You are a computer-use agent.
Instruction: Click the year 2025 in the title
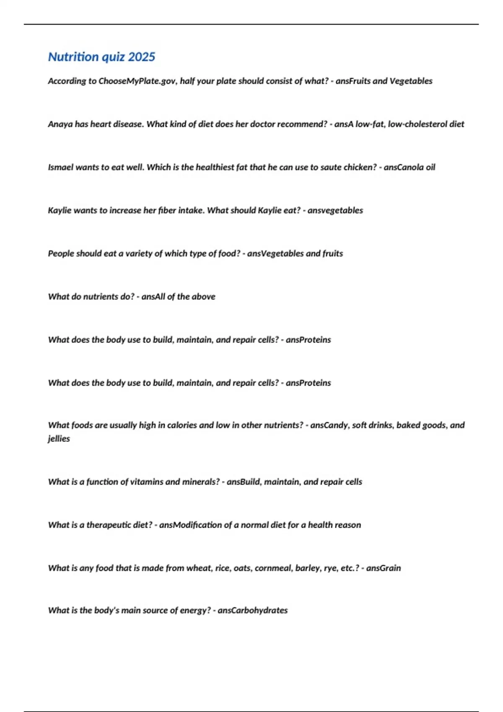[x=142, y=57]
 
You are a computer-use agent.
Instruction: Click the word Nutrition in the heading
[x=73, y=57]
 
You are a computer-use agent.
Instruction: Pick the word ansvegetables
[x=335, y=210]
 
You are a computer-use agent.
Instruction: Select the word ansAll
[x=153, y=297]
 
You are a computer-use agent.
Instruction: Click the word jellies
[x=59, y=439]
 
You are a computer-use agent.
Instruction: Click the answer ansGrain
[x=384, y=568]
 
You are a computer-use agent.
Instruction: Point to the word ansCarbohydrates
[x=253, y=610]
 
